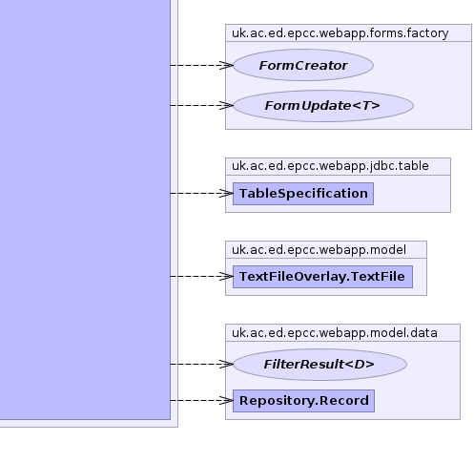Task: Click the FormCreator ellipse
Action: pyautogui.click(x=303, y=65)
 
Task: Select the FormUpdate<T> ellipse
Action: pyautogui.click(x=323, y=106)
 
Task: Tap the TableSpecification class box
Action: pyautogui.click(x=303, y=194)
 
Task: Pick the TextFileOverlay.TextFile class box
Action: pyautogui.click(x=322, y=277)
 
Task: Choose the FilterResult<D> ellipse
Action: pyautogui.click(x=319, y=365)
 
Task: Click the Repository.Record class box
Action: pyautogui.click(x=303, y=401)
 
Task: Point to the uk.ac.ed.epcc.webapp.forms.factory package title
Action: pyautogui.click(x=340, y=33)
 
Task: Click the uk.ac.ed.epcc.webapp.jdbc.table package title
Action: pyautogui.click(x=330, y=166)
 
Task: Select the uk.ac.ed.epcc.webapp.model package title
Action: pyautogui.click(x=319, y=249)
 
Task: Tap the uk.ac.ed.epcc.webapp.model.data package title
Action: pyautogui.click(x=335, y=333)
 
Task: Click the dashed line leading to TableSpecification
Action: pyautogui.click(x=201, y=193)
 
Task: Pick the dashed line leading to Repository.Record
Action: pyautogui.click(x=201, y=400)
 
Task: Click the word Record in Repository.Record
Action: pyautogui.click(x=344, y=401)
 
